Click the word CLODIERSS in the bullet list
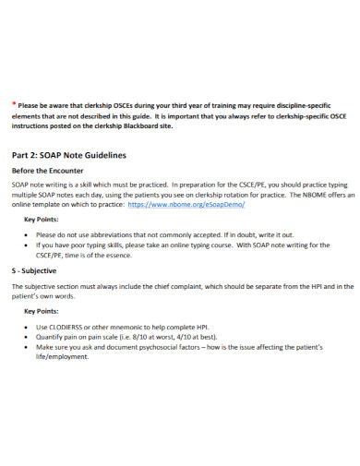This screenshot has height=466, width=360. click(70, 328)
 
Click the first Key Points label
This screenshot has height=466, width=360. click(42, 220)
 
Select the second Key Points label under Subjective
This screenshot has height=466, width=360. click(42, 312)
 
